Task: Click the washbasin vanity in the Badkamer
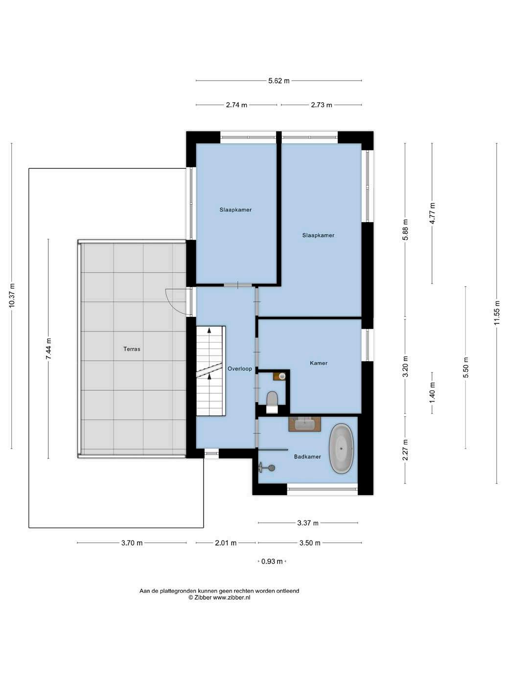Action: (x=304, y=424)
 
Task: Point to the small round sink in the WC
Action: (x=281, y=376)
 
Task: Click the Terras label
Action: (x=132, y=349)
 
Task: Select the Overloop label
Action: (x=240, y=368)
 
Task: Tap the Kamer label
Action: (x=319, y=363)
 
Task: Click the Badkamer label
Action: (x=307, y=456)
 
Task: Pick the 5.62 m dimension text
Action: (x=279, y=81)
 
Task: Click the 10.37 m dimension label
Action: (x=12, y=295)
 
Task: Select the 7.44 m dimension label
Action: (x=48, y=348)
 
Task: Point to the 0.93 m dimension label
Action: (x=272, y=562)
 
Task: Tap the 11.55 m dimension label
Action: (x=496, y=313)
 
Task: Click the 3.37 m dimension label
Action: (x=308, y=523)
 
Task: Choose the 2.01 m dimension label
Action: (x=226, y=543)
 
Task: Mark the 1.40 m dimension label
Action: (x=432, y=393)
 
